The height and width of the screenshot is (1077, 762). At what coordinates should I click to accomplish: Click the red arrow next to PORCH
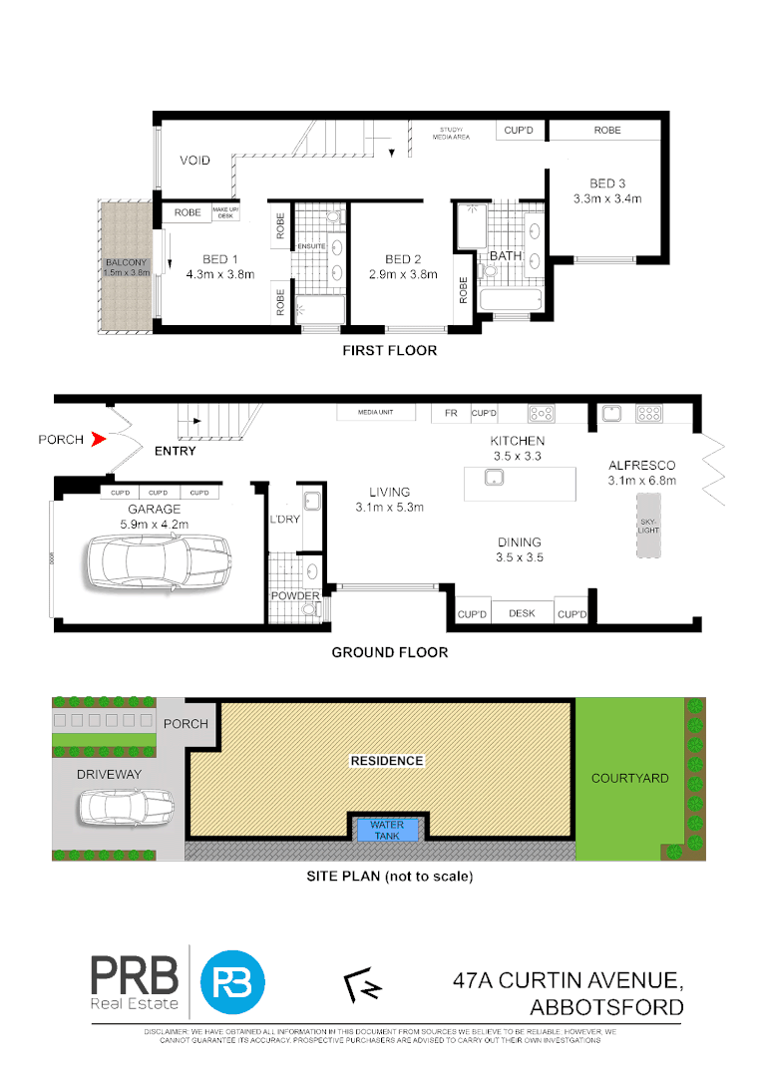pyautogui.click(x=97, y=439)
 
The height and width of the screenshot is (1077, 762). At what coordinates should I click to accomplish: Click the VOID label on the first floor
pyautogui.click(x=194, y=160)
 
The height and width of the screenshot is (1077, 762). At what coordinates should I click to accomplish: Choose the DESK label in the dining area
pyautogui.click(x=521, y=614)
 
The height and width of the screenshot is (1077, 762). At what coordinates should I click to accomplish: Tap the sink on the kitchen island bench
pyautogui.click(x=494, y=479)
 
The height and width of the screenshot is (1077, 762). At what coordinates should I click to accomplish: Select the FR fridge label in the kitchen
pyautogui.click(x=450, y=412)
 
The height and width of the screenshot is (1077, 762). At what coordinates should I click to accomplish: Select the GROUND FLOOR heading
pyautogui.click(x=389, y=652)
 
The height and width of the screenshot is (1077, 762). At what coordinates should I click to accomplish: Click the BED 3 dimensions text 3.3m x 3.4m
pyautogui.click(x=606, y=198)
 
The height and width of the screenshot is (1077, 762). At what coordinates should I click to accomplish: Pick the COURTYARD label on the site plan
pyautogui.click(x=629, y=778)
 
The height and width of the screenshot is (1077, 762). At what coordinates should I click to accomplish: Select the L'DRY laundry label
pyautogui.click(x=284, y=521)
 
